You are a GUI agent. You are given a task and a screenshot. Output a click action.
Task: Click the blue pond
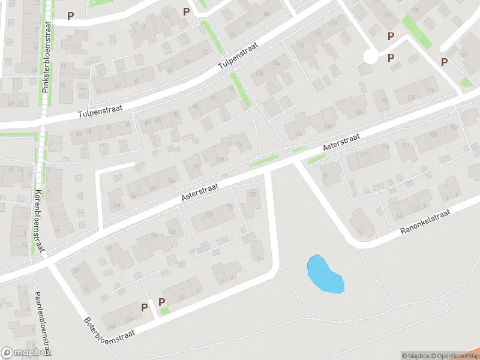(325, 275)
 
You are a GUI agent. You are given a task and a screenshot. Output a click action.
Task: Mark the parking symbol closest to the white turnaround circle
(391, 58)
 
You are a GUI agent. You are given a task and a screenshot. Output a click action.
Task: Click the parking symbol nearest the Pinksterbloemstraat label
(71, 16)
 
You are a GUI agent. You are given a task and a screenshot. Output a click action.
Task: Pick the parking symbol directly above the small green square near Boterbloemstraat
(161, 302)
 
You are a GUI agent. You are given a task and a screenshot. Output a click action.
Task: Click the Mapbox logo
(25, 353)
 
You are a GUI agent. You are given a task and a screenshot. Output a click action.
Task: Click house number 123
(252, 194)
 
